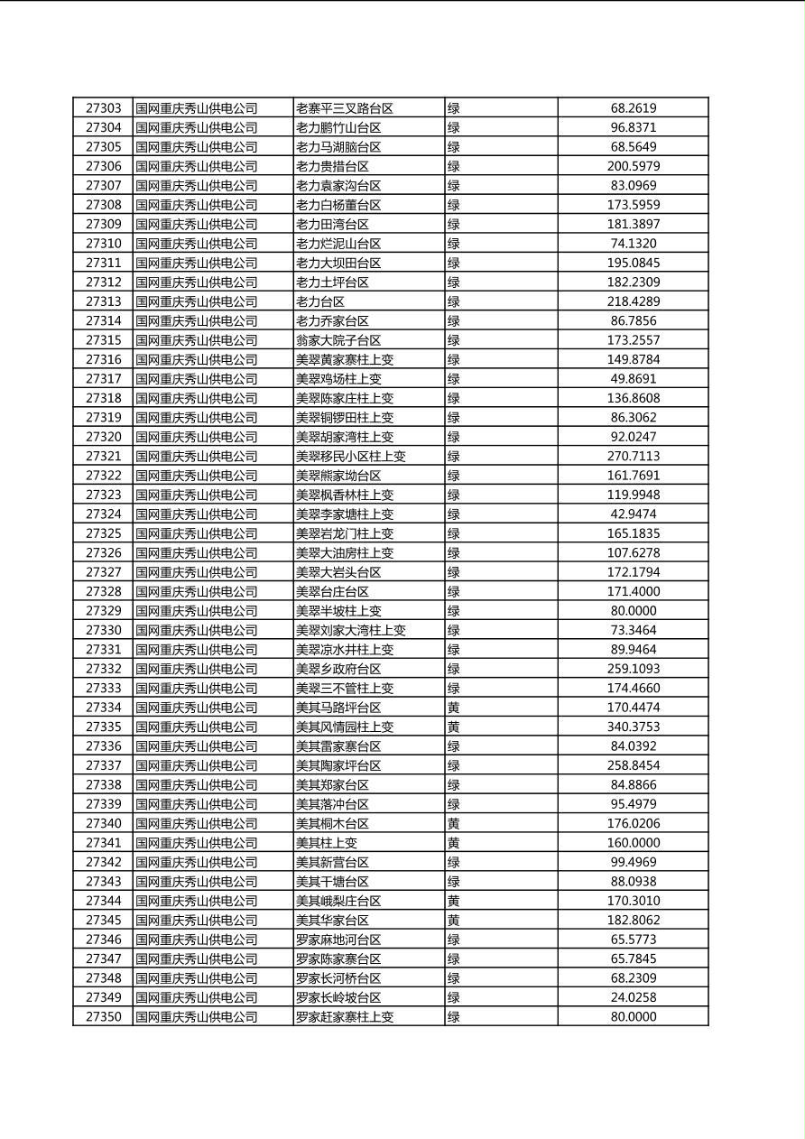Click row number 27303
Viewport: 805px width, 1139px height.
click(103, 108)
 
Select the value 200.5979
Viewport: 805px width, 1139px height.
click(633, 166)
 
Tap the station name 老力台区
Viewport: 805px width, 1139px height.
click(320, 301)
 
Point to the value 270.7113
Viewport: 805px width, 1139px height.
click(633, 457)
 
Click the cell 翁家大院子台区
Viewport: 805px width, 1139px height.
click(338, 340)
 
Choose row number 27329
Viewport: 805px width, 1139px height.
click(103, 611)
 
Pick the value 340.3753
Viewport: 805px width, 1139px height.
click(633, 727)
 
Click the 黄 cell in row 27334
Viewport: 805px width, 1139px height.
click(454, 708)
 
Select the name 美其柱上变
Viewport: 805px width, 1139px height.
click(327, 843)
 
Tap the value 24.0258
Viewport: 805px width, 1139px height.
click(633, 997)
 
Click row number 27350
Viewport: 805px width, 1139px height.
click(103, 1017)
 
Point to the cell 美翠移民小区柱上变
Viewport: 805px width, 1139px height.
click(351, 457)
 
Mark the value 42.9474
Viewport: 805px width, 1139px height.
click(633, 514)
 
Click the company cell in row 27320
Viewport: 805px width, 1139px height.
click(197, 437)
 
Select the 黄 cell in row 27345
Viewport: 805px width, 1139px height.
click(454, 921)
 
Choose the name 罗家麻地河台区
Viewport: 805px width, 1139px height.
click(338, 940)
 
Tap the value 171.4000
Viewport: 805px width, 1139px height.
click(633, 591)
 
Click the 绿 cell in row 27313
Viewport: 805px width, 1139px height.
click(454, 301)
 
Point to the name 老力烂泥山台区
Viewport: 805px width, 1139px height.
click(338, 244)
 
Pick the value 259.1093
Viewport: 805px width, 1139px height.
click(633, 669)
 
